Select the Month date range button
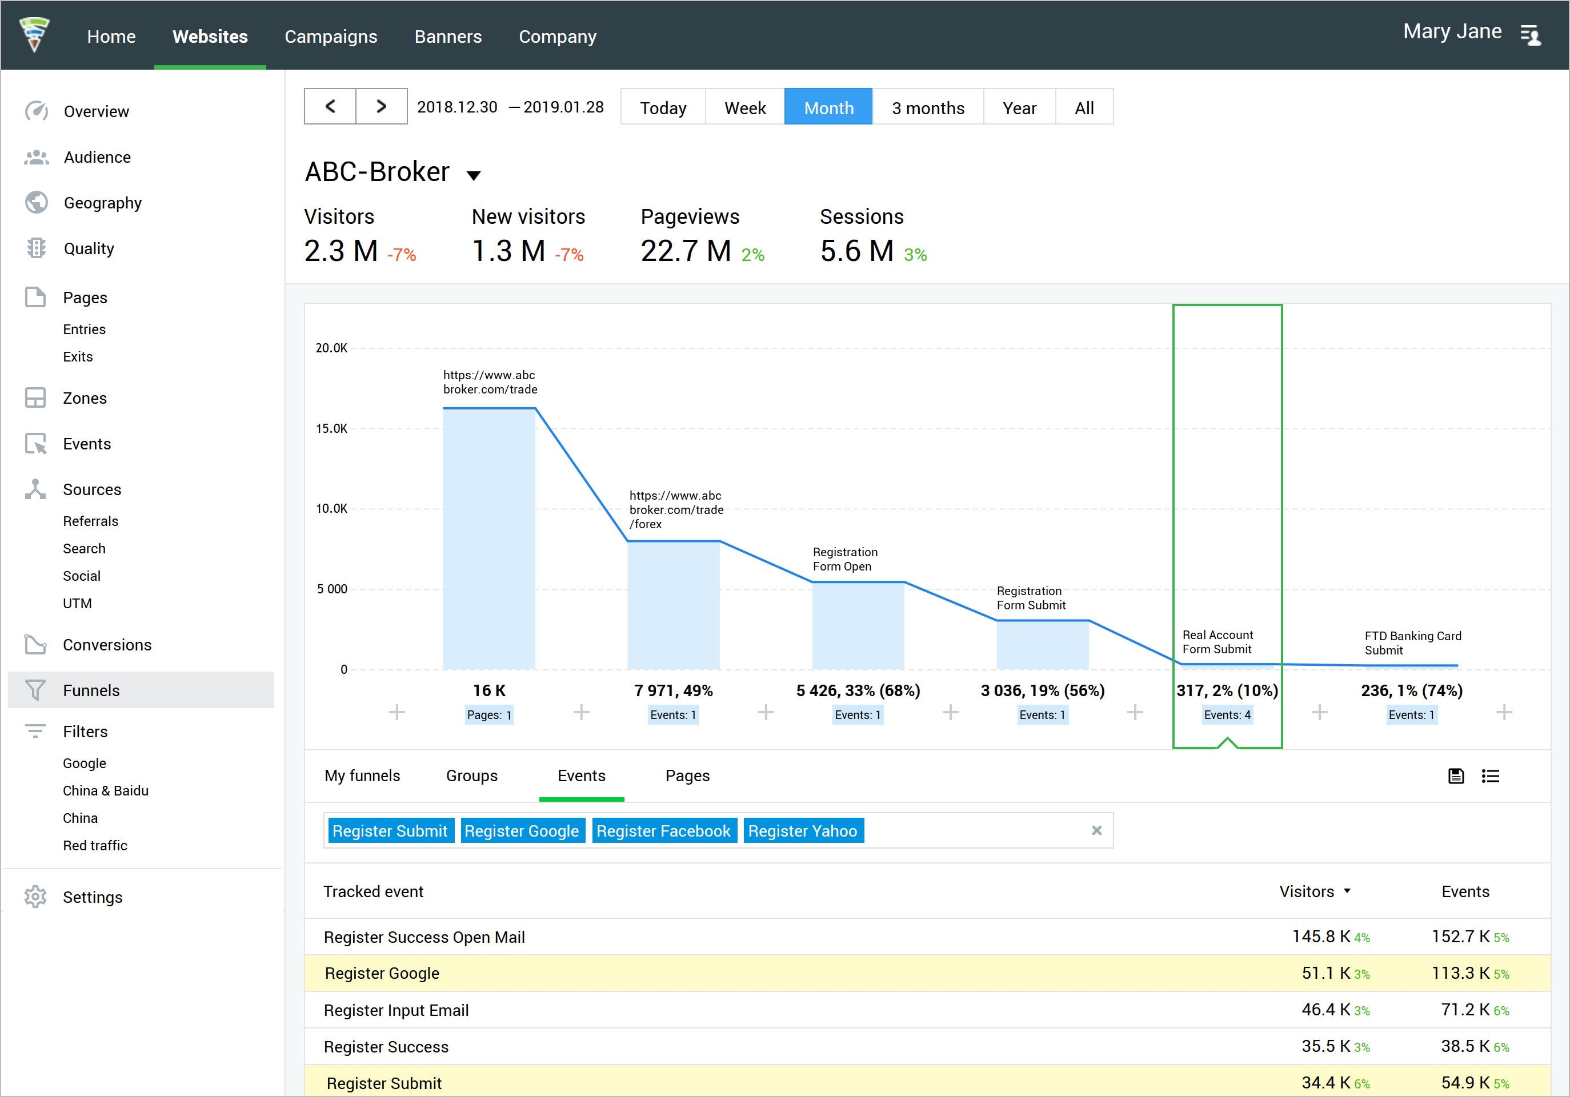coord(828,107)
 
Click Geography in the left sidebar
coord(103,203)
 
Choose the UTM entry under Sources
coord(77,604)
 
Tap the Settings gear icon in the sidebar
coord(35,897)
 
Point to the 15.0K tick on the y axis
coord(331,428)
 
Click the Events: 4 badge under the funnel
coord(1227,715)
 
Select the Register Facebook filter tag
coord(663,831)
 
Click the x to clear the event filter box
coord(1096,830)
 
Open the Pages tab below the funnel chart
coord(687,775)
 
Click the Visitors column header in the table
coord(1307,891)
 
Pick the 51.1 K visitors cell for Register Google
coord(1325,973)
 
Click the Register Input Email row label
coord(396,1010)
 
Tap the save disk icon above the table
coord(1456,775)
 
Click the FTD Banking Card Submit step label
coord(1412,643)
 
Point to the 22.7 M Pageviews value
coord(685,251)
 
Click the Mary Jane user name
coord(1452,31)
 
